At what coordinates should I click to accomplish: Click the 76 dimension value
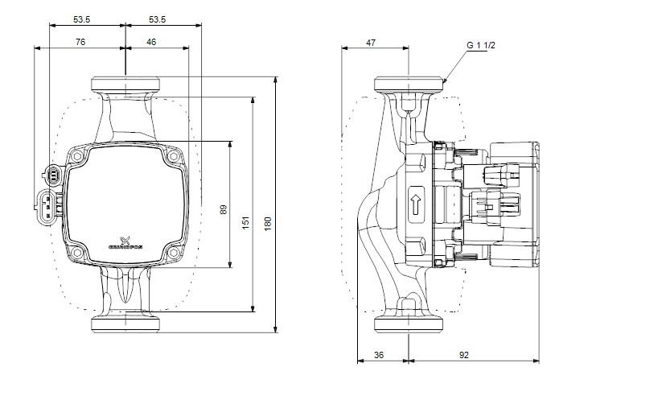pyautogui.click(x=80, y=40)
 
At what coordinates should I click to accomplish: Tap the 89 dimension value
pyautogui.click(x=223, y=209)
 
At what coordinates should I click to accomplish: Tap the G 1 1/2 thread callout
pyautogui.click(x=479, y=46)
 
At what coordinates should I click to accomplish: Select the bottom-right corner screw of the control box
pyautogui.click(x=172, y=254)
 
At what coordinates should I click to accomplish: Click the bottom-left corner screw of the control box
pyautogui.click(x=77, y=254)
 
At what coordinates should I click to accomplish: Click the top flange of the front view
pyautogui.click(x=126, y=84)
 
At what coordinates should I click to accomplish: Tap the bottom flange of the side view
pyautogui.click(x=410, y=325)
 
